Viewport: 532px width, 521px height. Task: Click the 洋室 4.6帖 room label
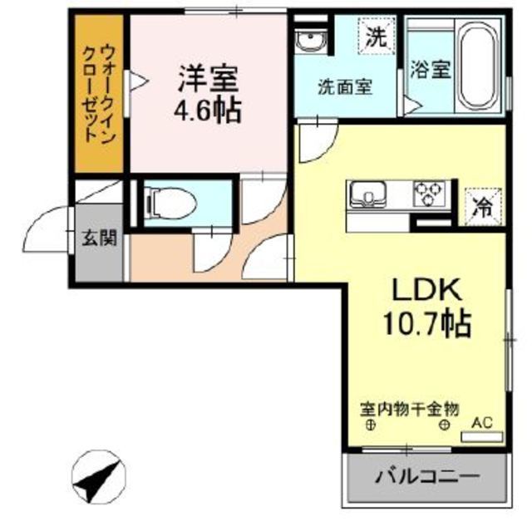(x=208, y=94)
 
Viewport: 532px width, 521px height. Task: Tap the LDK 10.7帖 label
(x=427, y=307)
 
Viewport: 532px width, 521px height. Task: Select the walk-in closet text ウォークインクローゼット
(x=99, y=94)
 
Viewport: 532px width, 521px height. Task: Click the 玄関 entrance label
(x=99, y=238)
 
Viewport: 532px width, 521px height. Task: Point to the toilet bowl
(x=171, y=204)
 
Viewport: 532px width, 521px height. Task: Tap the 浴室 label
(x=431, y=70)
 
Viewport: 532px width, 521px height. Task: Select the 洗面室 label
(x=345, y=87)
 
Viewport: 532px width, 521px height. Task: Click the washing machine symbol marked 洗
(x=377, y=36)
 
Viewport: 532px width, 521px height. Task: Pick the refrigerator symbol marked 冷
(x=483, y=207)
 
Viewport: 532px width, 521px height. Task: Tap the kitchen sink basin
(x=368, y=194)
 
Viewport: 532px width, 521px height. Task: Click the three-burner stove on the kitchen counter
(x=429, y=194)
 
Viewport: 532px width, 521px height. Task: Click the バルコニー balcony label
(x=427, y=477)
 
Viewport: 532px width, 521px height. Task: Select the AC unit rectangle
(x=482, y=437)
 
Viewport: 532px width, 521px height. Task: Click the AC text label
(x=482, y=423)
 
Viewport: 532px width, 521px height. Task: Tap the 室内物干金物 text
(x=409, y=409)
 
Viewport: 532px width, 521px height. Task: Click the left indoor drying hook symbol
(x=371, y=425)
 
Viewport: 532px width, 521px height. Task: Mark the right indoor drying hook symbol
(x=445, y=425)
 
